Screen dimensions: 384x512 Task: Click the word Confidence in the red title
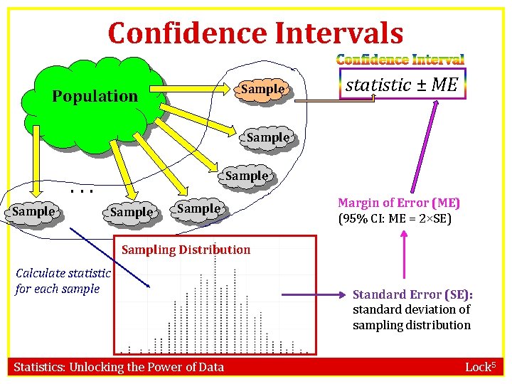coord(182,33)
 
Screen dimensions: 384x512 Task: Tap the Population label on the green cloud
coord(95,96)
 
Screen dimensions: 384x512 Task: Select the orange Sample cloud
coord(262,90)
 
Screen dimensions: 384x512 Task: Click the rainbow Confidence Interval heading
coord(400,60)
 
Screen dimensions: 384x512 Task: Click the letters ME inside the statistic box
coord(444,85)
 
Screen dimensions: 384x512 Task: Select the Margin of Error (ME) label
coord(398,203)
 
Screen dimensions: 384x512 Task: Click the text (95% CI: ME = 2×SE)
coord(395,218)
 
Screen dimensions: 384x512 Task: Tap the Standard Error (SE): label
coord(412,294)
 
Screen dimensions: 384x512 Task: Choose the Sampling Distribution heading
coord(186,250)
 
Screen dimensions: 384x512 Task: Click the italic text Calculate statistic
coord(63,273)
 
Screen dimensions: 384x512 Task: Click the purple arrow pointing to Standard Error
coord(313,294)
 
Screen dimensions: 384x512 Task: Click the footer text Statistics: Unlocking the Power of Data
coord(119,367)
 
